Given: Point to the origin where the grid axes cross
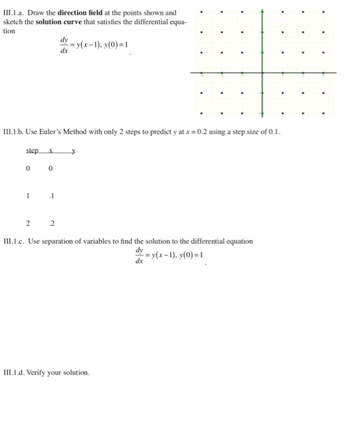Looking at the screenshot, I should [262, 72].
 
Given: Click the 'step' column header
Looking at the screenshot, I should [32, 150].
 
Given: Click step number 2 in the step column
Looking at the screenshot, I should [28, 224].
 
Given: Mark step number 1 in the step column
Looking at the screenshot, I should [28, 197].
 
